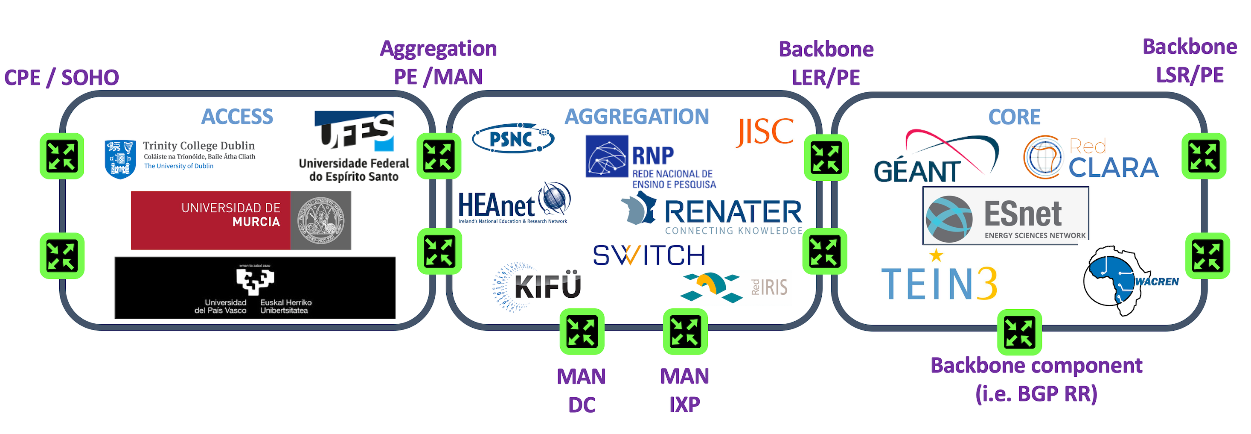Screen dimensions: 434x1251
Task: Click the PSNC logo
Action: pos(513,138)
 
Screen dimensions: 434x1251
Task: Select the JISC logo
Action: pos(765,132)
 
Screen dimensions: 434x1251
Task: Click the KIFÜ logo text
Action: pos(547,286)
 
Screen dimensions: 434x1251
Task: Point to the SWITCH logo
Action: pos(649,255)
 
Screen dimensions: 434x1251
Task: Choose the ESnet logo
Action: pos(1006,215)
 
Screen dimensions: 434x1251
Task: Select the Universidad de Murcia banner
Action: pos(241,220)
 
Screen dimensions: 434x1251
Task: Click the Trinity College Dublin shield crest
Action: pos(119,159)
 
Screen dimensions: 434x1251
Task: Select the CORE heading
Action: pos(1015,117)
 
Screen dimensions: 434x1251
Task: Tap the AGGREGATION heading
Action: pos(637,117)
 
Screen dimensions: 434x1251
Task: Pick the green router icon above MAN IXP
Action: pos(685,331)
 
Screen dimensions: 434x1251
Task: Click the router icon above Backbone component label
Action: pos(1019,332)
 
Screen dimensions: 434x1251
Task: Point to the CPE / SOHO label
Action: pos(62,78)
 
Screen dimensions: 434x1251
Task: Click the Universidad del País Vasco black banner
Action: pos(255,288)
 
